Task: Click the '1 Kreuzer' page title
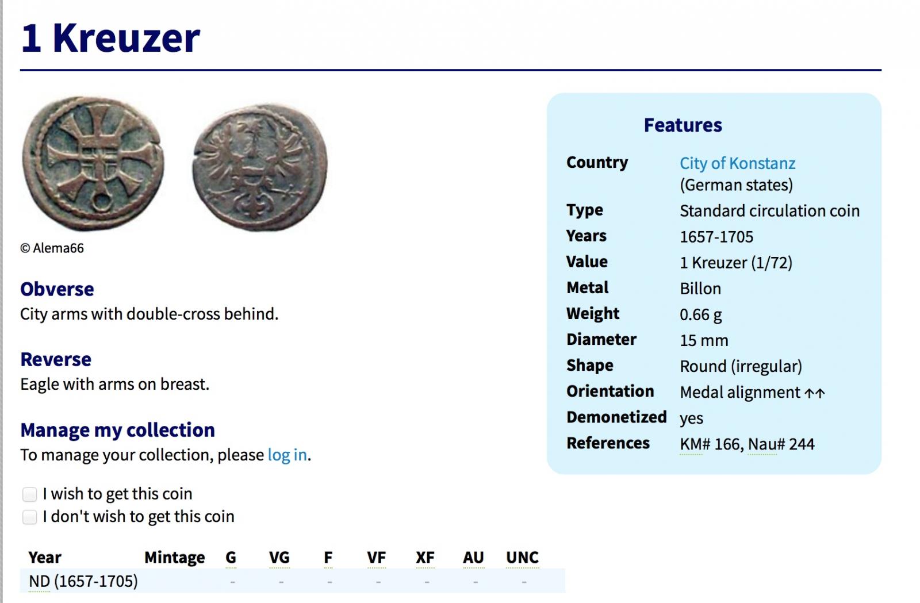point(110,38)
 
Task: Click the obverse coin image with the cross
point(93,163)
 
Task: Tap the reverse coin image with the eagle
point(260,167)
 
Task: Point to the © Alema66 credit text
point(52,248)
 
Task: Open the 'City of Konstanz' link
point(737,163)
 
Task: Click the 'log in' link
point(287,455)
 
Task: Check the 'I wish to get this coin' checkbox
point(29,494)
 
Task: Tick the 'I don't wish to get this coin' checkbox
point(29,517)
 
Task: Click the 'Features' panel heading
point(683,125)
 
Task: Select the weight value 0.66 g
point(701,314)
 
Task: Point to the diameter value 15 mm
point(704,340)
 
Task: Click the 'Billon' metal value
point(700,289)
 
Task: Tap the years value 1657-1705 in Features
point(716,237)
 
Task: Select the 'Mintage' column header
point(175,558)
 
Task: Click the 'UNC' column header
point(522,558)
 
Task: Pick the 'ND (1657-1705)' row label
point(83,581)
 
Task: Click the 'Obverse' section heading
point(57,289)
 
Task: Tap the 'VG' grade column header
point(279,558)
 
